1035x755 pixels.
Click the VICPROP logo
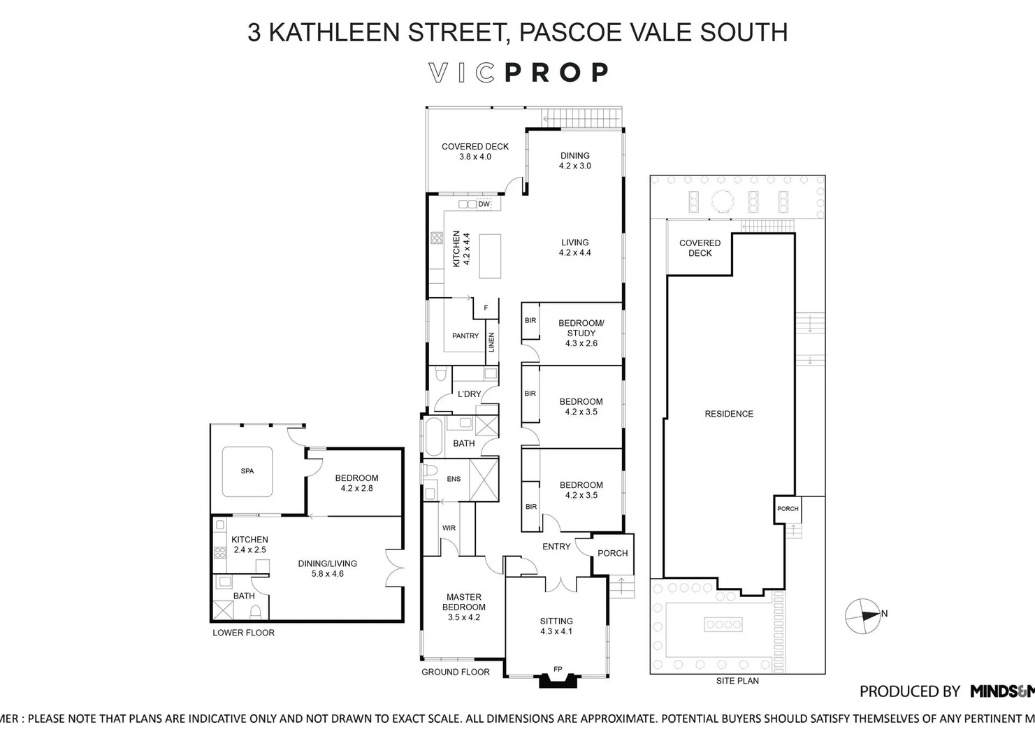(x=518, y=73)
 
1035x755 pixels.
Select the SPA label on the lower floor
(x=247, y=471)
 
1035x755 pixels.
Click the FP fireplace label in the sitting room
(x=558, y=669)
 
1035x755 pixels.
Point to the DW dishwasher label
(x=484, y=204)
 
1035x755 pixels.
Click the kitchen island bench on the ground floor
(x=490, y=256)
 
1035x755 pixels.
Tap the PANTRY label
(x=465, y=336)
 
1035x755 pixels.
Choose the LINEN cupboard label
(x=492, y=343)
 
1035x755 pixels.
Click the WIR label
(x=449, y=528)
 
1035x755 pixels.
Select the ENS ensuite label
(x=454, y=479)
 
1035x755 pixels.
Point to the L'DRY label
(x=469, y=394)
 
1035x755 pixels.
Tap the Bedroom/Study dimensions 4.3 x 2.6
(x=581, y=343)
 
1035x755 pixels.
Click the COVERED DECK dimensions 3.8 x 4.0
(x=475, y=157)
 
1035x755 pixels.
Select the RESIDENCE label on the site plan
(x=729, y=414)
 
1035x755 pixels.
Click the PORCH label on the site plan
(x=788, y=509)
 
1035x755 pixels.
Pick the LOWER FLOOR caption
(x=243, y=633)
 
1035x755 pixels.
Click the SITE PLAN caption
(x=737, y=681)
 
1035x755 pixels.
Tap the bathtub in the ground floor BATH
(x=432, y=437)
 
